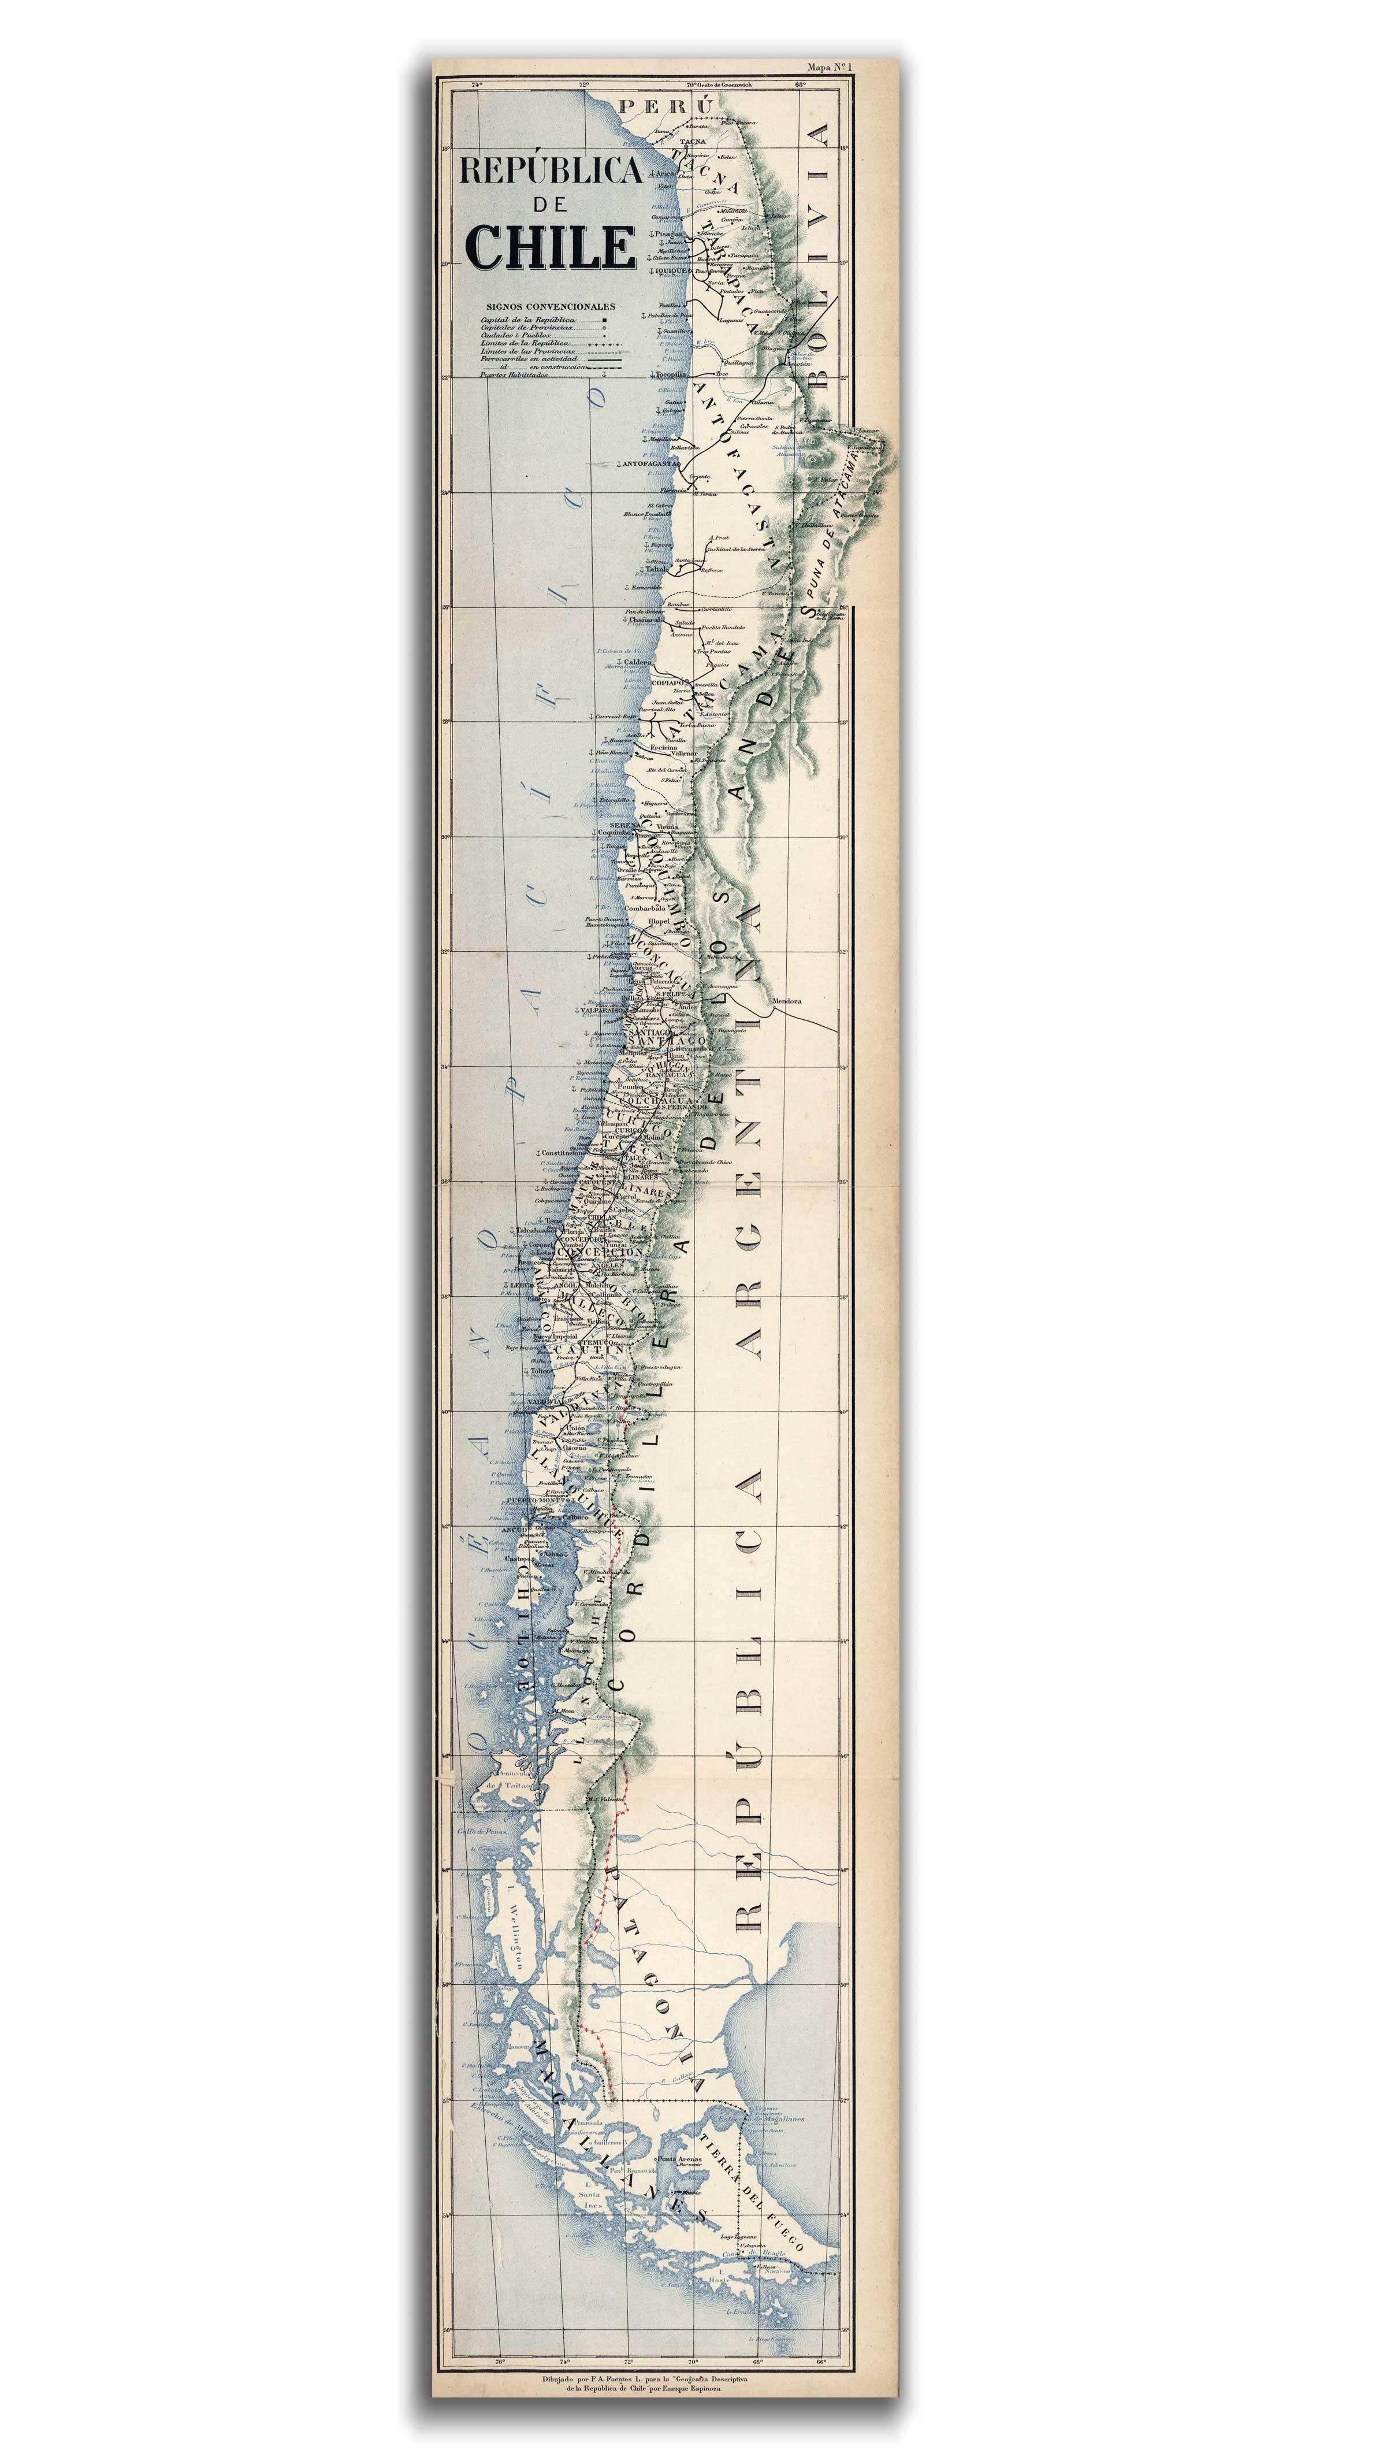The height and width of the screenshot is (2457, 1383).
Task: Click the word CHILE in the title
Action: [551, 246]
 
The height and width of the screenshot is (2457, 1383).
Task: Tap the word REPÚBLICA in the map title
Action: [551, 172]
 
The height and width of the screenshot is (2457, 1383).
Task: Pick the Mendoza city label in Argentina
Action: [788, 1001]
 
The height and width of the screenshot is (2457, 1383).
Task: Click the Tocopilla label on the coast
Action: [671, 375]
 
